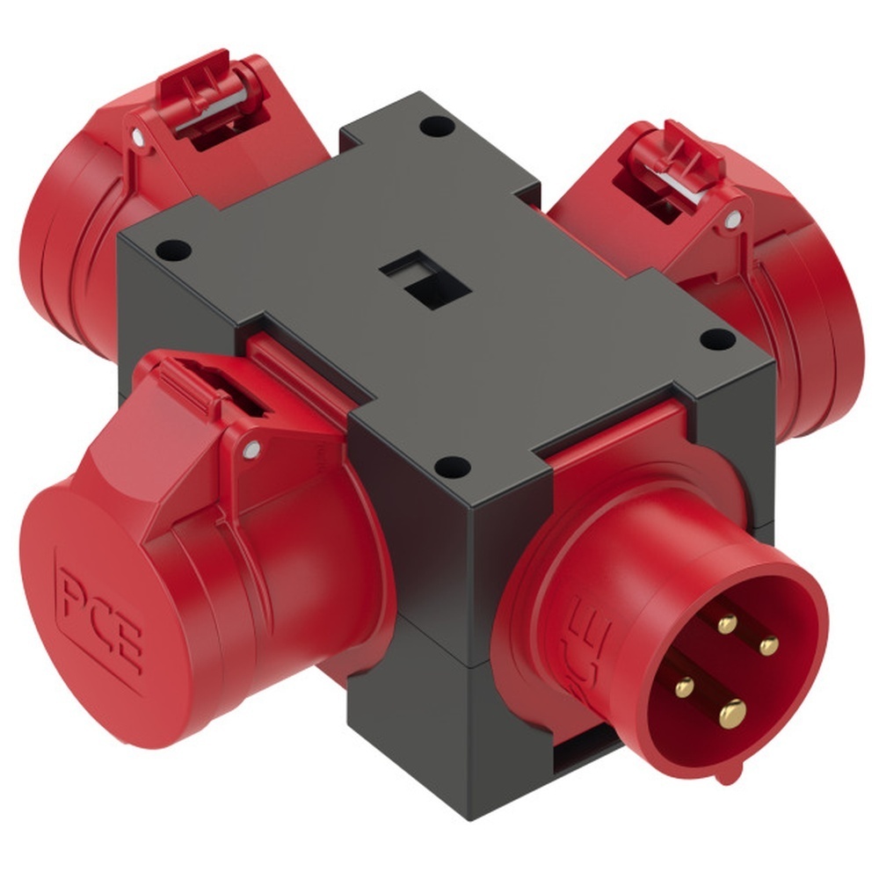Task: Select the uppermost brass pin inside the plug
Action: click(x=726, y=624)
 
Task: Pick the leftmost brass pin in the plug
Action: click(x=684, y=686)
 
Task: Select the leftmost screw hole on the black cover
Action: click(x=175, y=249)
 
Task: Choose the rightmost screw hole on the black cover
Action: click(x=716, y=337)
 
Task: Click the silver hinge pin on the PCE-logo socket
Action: click(x=252, y=451)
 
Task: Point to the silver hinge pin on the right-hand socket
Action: click(x=730, y=220)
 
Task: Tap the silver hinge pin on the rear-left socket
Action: click(x=137, y=137)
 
